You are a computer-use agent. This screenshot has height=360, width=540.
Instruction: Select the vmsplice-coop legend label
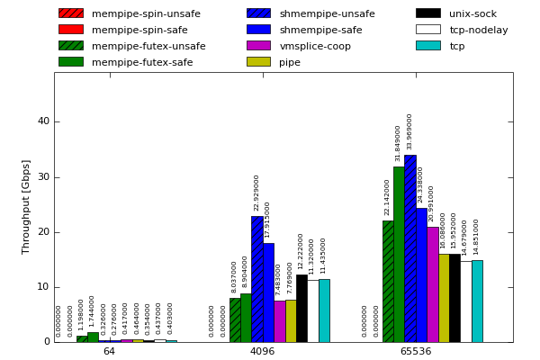(315, 46)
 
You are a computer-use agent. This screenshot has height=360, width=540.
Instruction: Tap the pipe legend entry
(290, 62)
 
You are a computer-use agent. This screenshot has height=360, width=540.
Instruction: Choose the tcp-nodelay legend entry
(479, 30)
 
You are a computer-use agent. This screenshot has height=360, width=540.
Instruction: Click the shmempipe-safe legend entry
(320, 30)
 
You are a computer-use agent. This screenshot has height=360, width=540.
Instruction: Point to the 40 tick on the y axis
(43, 121)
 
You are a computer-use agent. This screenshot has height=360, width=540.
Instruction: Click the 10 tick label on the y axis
(43, 287)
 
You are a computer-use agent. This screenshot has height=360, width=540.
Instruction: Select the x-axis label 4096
(262, 351)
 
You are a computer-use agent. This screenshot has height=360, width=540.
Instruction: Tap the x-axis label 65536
(415, 351)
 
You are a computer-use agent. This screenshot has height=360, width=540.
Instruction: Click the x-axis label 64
(109, 351)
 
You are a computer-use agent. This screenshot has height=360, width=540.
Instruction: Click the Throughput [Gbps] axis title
(26, 207)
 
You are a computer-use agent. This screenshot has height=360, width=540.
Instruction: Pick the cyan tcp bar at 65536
(477, 301)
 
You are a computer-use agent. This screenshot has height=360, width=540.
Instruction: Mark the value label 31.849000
(399, 143)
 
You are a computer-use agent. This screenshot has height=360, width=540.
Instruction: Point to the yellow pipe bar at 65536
(444, 298)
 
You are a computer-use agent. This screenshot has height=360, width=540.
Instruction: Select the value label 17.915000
(267, 220)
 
